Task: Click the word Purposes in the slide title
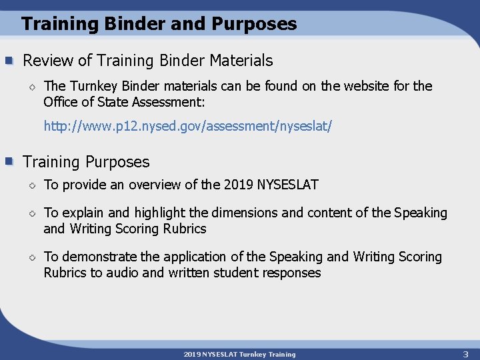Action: pos(254,25)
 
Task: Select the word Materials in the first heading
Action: pos(241,61)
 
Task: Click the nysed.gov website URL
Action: pos(187,126)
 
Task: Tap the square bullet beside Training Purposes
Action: pos(9,162)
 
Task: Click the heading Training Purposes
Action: pos(86,162)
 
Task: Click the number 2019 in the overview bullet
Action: pos(239,185)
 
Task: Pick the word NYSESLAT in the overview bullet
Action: pos(287,185)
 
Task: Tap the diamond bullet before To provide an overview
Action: pos(31,185)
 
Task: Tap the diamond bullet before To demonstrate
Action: pos(31,257)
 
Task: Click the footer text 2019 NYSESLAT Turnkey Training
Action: pos(239,354)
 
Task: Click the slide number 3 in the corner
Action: pos(465,353)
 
